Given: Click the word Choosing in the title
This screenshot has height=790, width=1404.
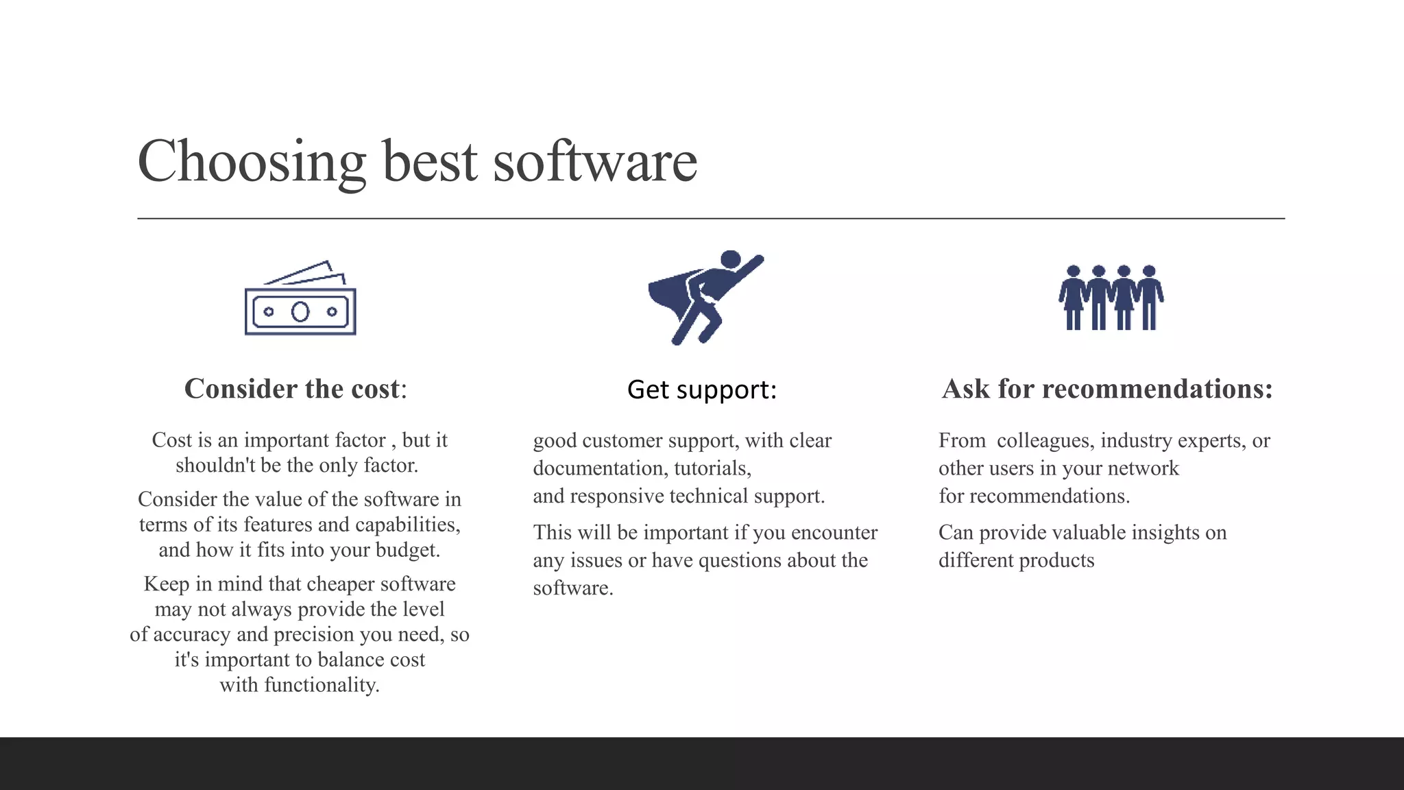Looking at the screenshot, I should tap(251, 162).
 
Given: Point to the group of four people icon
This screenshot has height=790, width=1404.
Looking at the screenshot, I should tap(1111, 298).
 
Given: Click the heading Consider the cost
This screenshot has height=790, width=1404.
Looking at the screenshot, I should tap(295, 389).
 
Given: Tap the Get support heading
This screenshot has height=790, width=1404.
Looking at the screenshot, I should tap(702, 390).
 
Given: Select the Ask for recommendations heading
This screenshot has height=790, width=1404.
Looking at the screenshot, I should tap(1107, 389).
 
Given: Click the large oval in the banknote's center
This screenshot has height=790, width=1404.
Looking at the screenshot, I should tap(300, 312).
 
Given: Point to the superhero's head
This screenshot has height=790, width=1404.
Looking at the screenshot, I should tap(731, 259).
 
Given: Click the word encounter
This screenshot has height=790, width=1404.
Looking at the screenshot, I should tap(834, 533).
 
